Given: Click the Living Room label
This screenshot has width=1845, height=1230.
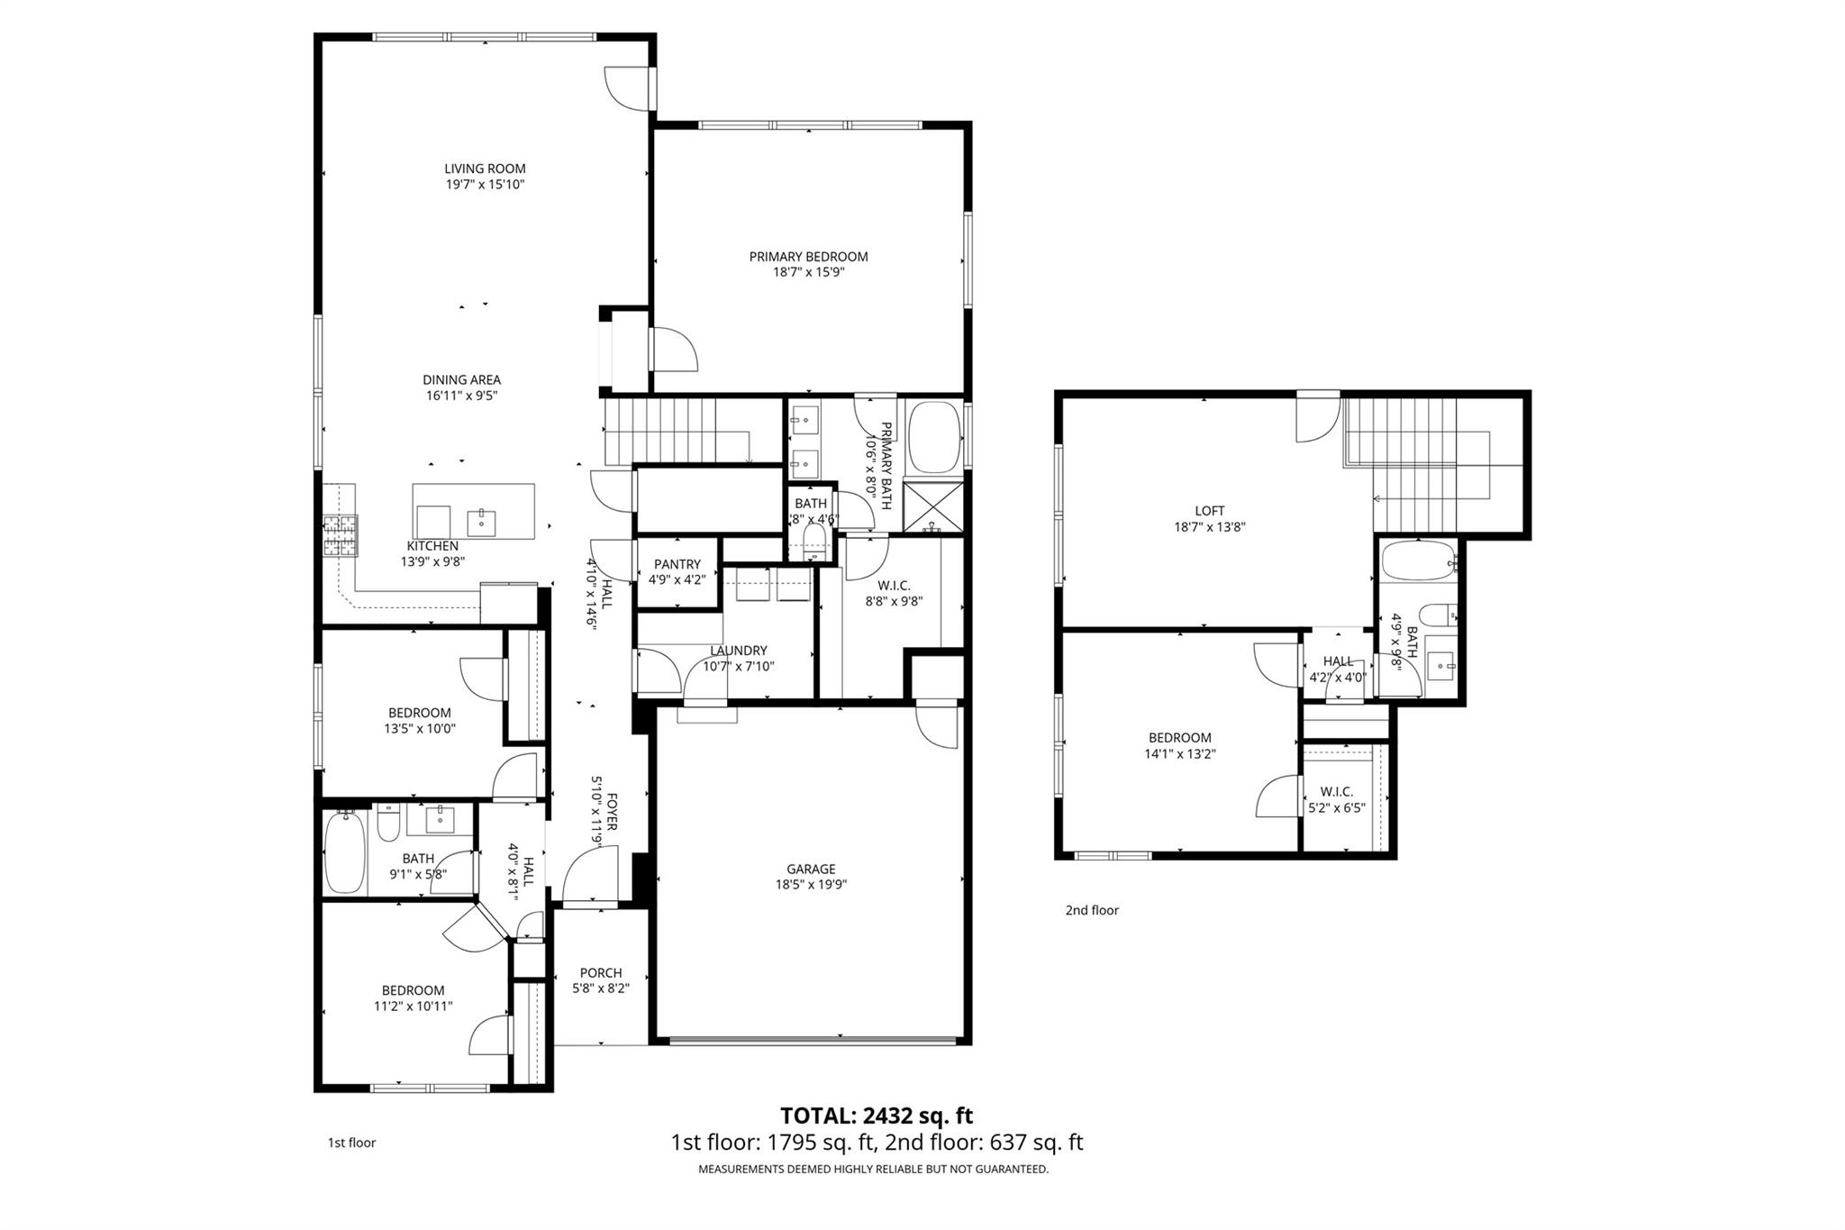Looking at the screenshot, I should (485, 169).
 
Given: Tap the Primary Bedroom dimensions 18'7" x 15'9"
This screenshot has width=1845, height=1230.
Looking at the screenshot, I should (808, 272).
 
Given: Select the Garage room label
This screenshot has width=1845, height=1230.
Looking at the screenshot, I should (811, 869).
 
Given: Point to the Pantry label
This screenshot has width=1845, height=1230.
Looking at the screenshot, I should (677, 564).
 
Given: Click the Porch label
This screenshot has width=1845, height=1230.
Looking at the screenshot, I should (601, 972).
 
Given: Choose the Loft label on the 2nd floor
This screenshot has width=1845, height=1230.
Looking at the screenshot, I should (1209, 511).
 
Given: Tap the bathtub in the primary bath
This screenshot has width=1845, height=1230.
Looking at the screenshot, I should (934, 437).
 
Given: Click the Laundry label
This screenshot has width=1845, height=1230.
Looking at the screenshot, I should (738, 651).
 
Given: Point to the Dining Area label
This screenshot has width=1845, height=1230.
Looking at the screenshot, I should (461, 380).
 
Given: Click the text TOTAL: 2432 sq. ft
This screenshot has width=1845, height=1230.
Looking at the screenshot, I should (876, 1116).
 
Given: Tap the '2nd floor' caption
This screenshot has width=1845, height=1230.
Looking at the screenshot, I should (1092, 910).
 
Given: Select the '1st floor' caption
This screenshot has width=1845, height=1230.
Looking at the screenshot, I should (351, 1143).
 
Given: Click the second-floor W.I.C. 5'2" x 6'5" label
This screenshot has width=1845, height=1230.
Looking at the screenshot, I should (1337, 799).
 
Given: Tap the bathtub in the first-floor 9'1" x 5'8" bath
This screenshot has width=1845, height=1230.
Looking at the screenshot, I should (343, 852).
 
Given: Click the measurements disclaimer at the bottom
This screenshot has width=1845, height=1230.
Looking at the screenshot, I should (873, 1170).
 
